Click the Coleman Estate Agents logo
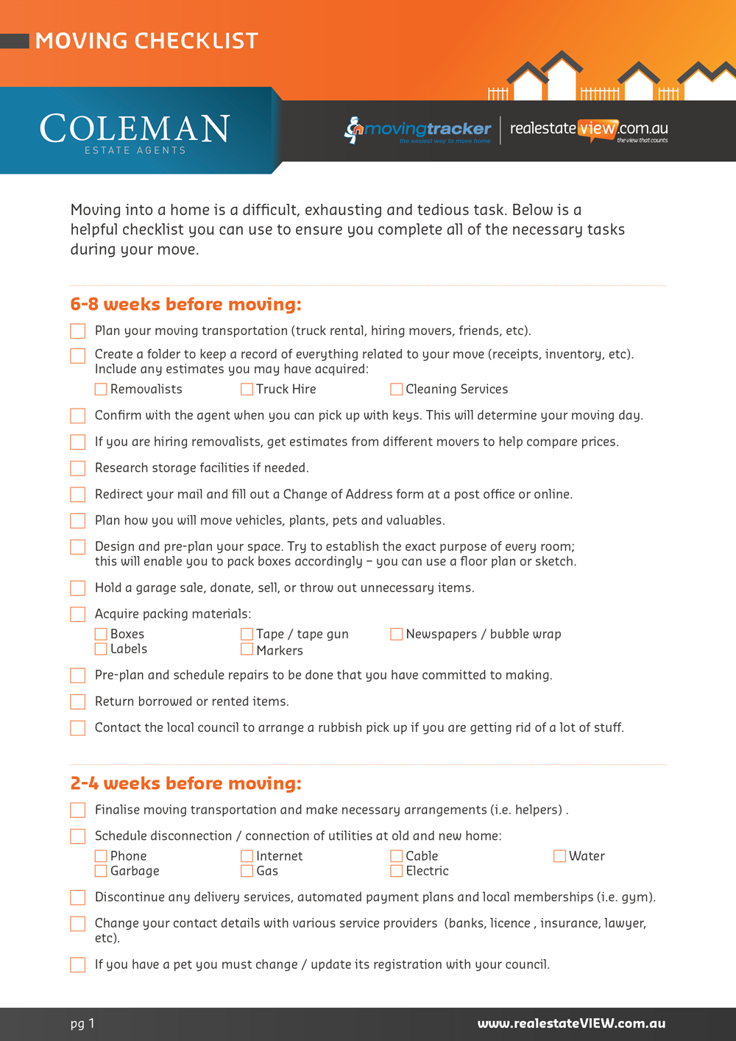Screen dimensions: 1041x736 (x=135, y=133)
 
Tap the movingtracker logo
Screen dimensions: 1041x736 (x=418, y=130)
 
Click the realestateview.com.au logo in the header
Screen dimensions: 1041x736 (x=589, y=130)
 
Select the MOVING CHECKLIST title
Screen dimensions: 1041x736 (x=146, y=40)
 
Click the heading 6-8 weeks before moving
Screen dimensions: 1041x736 (x=185, y=304)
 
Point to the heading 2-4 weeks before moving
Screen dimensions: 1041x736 (x=185, y=783)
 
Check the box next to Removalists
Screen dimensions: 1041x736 (x=101, y=389)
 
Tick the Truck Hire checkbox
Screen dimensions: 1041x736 (x=247, y=389)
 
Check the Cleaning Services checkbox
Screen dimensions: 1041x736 (x=396, y=389)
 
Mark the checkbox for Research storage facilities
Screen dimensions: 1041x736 (x=78, y=468)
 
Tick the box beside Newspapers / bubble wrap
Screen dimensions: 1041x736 (x=396, y=634)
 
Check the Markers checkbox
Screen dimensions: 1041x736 (x=247, y=650)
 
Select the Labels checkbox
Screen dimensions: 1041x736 (x=101, y=649)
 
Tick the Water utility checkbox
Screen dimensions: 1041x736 (x=559, y=855)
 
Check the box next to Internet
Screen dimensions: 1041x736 (x=247, y=855)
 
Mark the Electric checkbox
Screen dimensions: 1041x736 (x=396, y=871)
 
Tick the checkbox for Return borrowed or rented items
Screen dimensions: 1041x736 (x=78, y=702)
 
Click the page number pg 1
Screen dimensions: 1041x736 (x=82, y=1023)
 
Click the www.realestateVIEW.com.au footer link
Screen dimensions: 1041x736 (x=571, y=1023)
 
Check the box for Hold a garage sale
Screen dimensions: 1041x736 (x=78, y=588)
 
